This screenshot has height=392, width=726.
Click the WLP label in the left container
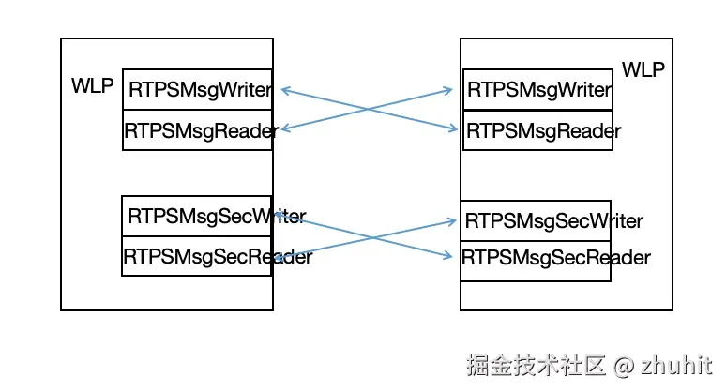pos(92,87)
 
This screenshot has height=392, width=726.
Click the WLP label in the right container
pos(643,70)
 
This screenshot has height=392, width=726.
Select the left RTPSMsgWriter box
pos(197,90)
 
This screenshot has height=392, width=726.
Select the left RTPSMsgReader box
pos(197,130)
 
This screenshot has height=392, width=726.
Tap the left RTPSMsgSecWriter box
pos(197,216)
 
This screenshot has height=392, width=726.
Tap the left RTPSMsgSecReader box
pos(197,256)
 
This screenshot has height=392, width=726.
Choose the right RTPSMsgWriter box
pos(537,90)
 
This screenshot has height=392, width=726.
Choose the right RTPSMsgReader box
pos(537,130)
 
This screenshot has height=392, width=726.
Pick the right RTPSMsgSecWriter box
pos(536,221)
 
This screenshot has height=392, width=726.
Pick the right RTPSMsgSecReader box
pos(536,258)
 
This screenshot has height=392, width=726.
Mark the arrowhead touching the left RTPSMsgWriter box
pos(284,90)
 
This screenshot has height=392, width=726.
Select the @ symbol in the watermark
pos(624,365)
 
